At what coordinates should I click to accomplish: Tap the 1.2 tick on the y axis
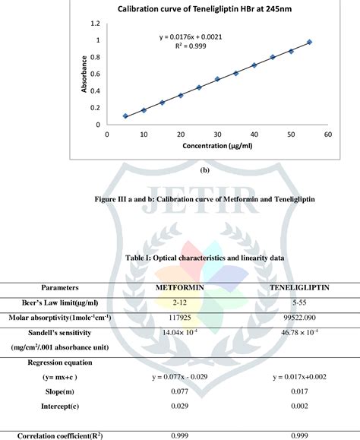96,24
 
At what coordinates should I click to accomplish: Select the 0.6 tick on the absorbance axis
96,74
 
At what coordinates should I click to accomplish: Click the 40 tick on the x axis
254,133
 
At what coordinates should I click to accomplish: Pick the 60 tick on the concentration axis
328,133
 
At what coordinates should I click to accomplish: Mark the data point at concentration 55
309,42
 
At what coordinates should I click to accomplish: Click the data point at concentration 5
125,116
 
